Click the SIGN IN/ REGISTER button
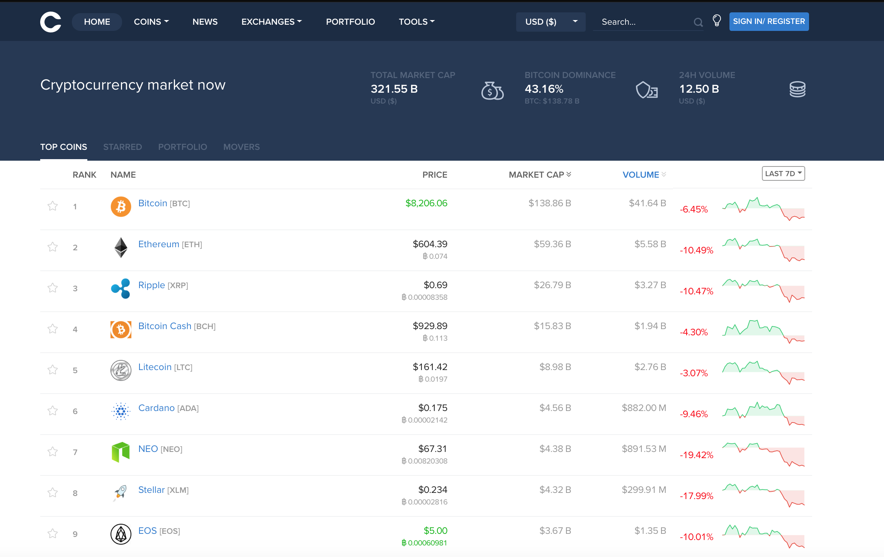(768, 22)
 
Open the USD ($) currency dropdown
(550, 22)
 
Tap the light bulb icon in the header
(716, 20)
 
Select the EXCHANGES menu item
(271, 22)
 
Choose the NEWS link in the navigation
(205, 22)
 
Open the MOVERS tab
(241, 147)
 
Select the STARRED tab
(122, 147)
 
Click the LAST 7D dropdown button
(783, 174)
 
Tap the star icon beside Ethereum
(53, 247)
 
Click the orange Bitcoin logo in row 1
(121, 207)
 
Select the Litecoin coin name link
(155, 367)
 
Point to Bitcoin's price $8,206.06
(426, 203)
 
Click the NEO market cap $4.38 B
(555, 449)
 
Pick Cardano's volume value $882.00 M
(644, 408)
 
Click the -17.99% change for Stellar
(696, 496)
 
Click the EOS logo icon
(121, 534)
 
